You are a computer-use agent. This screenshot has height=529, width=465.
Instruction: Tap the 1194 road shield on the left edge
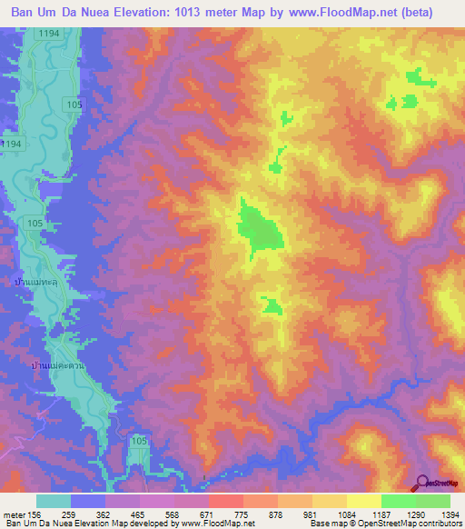[12, 145]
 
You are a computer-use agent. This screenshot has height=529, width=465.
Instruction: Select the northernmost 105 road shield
[74, 105]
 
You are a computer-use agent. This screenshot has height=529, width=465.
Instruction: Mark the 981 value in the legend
[311, 515]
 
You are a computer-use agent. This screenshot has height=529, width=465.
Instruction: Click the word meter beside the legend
[15, 515]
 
